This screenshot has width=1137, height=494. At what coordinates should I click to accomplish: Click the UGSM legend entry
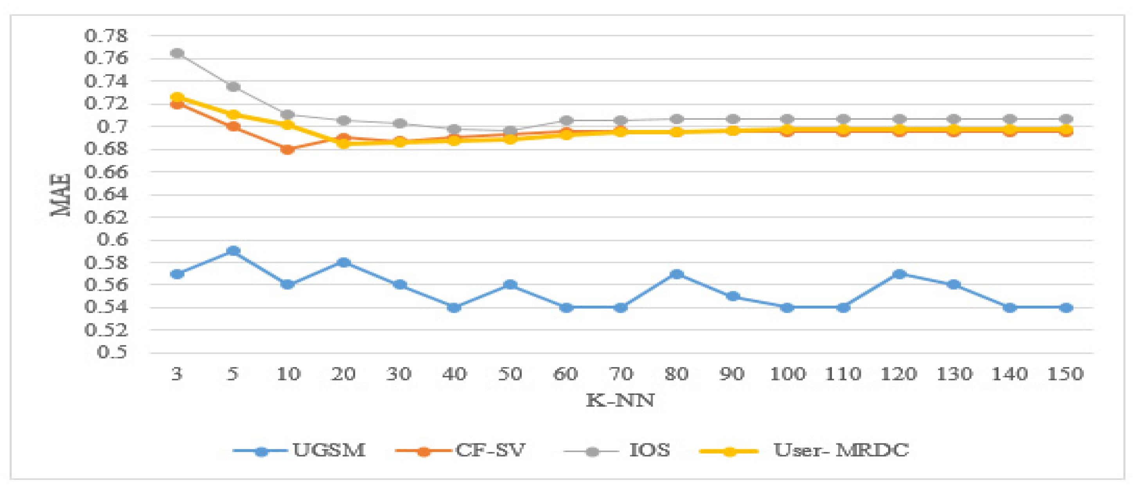[x=329, y=451]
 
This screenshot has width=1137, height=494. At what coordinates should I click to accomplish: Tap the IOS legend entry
[x=649, y=451]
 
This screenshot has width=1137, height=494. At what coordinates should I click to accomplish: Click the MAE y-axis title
[x=61, y=195]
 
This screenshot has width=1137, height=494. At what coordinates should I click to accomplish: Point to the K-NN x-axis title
[x=620, y=400]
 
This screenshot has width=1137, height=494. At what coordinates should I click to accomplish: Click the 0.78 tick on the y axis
[x=106, y=36]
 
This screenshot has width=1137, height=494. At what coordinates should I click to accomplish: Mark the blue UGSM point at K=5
[x=233, y=251]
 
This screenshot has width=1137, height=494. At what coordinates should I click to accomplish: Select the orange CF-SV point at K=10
[x=288, y=150]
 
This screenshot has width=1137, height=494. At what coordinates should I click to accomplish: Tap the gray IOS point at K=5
[x=233, y=87]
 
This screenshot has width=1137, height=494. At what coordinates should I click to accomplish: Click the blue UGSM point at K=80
[x=677, y=274]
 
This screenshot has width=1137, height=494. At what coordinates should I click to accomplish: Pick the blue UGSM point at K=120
[x=899, y=274]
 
